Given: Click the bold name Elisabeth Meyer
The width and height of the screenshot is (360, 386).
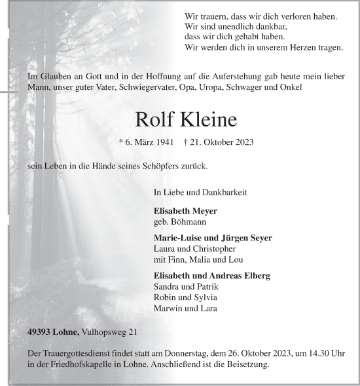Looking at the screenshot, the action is click(185, 211).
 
